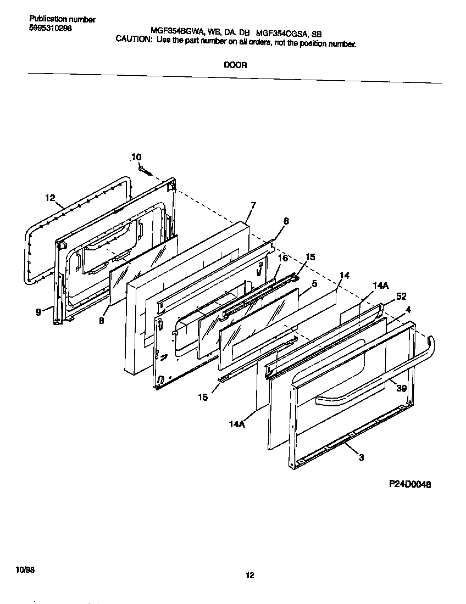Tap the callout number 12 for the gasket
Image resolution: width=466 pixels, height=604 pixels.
[x=50, y=198]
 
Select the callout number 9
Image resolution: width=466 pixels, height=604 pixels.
[x=38, y=312]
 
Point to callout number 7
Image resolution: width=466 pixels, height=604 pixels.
[x=253, y=205]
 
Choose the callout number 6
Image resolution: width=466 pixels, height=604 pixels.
[x=286, y=221]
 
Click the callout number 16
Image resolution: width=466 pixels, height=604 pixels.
[x=282, y=258]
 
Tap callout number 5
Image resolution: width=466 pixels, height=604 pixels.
[x=314, y=284]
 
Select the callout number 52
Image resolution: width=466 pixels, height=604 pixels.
[x=401, y=297]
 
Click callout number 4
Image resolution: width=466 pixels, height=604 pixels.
[x=408, y=310]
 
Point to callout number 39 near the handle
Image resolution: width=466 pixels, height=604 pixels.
[x=401, y=388]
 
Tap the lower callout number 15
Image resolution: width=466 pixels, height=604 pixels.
[x=203, y=397]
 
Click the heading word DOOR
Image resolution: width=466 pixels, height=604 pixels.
[x=235, y=65]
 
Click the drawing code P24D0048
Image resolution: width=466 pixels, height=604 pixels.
[x=409, y=484]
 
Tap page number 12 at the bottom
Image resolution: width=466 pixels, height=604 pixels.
[x=249, y=575]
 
